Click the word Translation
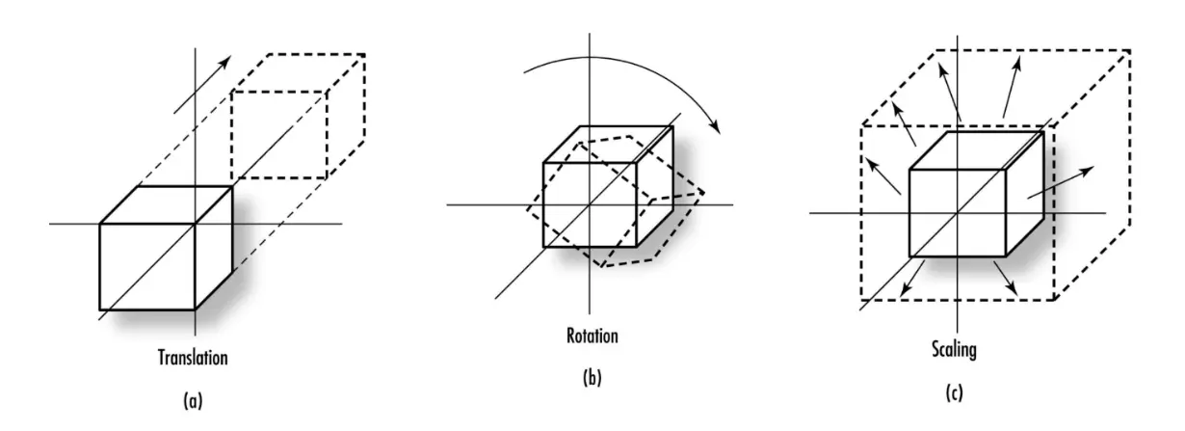[x=193, y=358]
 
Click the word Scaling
[x=955, y=349]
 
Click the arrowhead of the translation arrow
[x=225, y=61]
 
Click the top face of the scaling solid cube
[x=976, y=150]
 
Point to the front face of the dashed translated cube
[x=279, y=135]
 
